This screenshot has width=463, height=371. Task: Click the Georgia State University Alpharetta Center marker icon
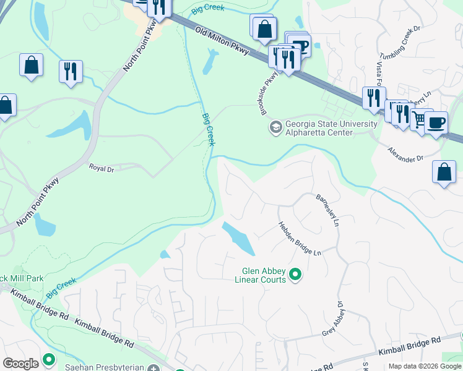pos(275,127)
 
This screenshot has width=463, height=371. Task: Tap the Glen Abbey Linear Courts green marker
pos(295,273)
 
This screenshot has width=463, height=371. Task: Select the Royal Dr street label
pos(102,168)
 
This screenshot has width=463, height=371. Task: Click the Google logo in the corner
pos(21,363)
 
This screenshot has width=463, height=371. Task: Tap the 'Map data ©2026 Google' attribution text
pos(425,366)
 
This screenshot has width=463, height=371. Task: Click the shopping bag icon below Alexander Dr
pos(444,173)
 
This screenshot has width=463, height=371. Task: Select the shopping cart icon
pos(421,119)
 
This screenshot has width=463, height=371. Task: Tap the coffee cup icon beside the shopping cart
pos(436,122)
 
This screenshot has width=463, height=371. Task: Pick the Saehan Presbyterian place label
pos(111,367)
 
